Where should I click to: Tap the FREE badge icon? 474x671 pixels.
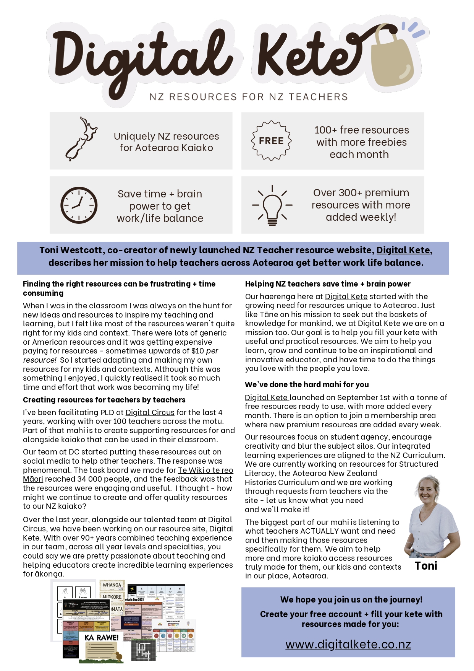point(271,141)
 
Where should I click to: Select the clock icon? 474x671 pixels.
point(79,205)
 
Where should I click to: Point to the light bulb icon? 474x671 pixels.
point(272,205)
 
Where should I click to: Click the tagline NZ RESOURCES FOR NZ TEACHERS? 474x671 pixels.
point(249,97)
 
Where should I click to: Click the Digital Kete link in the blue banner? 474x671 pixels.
point(403,250)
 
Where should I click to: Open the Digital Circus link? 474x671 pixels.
point(150,412)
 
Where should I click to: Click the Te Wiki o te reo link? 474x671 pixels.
point(205,470)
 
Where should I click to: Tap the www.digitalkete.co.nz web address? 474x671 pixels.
point(348,644)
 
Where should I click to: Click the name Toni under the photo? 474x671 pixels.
point(426,566)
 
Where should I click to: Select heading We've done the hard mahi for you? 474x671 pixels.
point(307,384)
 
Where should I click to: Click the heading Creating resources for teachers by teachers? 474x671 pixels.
point(104,400)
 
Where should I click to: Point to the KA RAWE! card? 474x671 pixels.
point(102,638)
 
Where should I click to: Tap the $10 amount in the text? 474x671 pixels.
point(197,351)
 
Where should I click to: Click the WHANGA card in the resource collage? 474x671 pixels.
point(112,585)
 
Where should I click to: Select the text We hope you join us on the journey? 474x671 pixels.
point(351,599)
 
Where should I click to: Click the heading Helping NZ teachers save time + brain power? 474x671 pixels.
point(328,284)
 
